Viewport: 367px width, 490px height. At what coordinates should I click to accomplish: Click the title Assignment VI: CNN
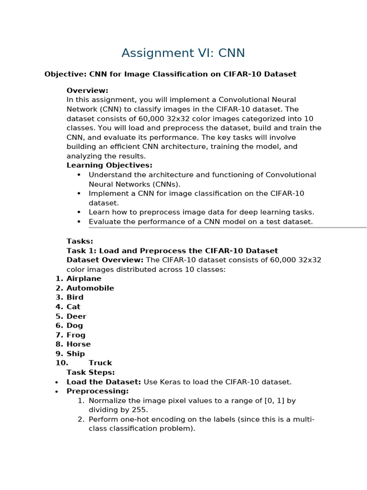183,53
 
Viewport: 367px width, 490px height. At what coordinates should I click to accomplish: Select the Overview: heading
87,90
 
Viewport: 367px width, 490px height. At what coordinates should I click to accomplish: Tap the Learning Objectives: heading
109,166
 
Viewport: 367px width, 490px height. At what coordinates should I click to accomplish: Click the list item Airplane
84,278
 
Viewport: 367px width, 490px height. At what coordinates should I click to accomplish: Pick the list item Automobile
90,288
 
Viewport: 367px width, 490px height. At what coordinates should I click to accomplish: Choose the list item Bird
75,297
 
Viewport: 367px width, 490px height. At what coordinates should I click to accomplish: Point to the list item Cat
74,307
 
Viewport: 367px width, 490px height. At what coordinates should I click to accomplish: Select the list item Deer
76,316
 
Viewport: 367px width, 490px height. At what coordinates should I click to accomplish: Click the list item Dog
75,325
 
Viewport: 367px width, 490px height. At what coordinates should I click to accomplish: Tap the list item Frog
76,335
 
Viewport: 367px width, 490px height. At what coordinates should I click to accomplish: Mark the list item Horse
78,344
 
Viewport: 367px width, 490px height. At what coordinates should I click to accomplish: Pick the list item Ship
76,354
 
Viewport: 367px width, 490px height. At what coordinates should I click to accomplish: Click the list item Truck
100,363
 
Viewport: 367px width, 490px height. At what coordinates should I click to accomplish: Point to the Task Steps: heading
91,372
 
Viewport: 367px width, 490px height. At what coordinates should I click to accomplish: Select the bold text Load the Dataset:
104,382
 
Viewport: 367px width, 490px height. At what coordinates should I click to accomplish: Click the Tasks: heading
80,241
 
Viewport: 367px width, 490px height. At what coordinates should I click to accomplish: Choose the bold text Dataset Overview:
105,260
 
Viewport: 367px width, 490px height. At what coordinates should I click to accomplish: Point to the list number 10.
62,363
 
